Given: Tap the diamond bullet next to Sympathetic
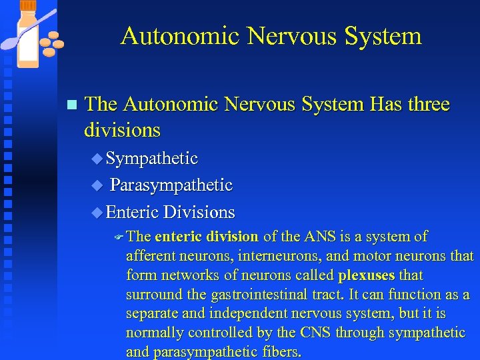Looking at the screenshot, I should point(97,159).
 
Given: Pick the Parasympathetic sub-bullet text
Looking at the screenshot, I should point(171,185).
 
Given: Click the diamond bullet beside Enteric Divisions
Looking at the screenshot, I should point(97,213).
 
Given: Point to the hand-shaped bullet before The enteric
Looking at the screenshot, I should point(119,237).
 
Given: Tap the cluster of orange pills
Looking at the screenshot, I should point(51,43).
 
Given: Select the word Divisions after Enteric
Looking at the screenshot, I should point(199,213).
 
